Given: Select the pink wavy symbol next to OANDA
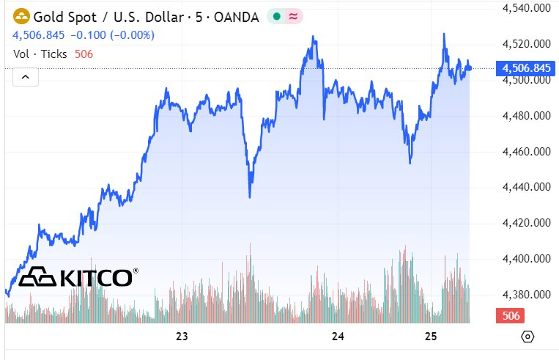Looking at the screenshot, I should (293, 16).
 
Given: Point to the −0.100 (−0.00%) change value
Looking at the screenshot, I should (113, 34).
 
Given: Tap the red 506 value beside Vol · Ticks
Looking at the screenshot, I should (84, 54).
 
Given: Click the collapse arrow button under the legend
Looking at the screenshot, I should (26, 76).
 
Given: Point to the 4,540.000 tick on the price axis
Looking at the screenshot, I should (526, 8).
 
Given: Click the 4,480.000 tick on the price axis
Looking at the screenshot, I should (526, 116).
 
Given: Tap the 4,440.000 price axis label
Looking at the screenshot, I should (526, 188).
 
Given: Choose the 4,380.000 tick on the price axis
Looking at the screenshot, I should (526, 295).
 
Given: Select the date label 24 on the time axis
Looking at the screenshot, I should (338, 337).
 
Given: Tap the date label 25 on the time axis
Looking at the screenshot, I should (431, 337).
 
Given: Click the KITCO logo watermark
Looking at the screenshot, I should (78, 277).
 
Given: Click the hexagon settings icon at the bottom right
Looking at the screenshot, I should (527, 337).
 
